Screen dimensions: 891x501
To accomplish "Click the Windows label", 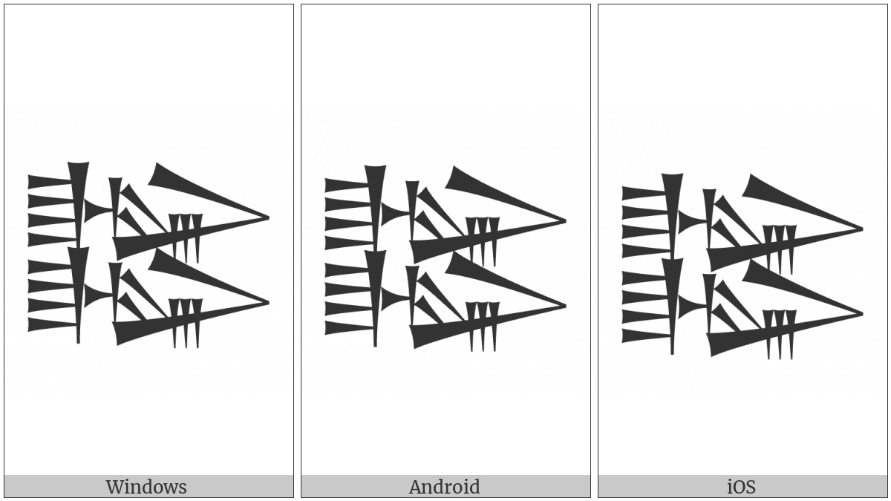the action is tap(146, 487).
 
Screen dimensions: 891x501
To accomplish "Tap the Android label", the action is tap(444, 487).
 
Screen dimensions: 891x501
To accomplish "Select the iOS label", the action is tap(742, 487).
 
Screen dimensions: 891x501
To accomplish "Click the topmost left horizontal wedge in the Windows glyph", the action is tap(50, 182).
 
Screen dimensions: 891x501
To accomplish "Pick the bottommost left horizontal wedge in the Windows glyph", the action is tap(52, 324).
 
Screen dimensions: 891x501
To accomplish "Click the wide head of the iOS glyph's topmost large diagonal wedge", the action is tap(754, 186).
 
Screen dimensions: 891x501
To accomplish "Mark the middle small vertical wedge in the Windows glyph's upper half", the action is tap(186, 238).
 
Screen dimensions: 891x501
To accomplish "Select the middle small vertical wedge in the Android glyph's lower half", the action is tap(483, 326).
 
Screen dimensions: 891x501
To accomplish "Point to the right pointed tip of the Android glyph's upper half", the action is tap(565, 221).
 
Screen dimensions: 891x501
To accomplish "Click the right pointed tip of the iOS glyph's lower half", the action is tap(861, 314).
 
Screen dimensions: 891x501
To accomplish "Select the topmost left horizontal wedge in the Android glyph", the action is tap(347, 186).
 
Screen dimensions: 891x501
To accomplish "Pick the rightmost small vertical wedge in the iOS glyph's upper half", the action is tap(791, 249).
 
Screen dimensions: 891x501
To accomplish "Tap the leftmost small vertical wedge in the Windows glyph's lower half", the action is tap(174, 323).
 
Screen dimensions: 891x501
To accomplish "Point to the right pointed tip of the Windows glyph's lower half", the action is tap(268, 303).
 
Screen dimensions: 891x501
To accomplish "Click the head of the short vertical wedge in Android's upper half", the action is tap(412, 186).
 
